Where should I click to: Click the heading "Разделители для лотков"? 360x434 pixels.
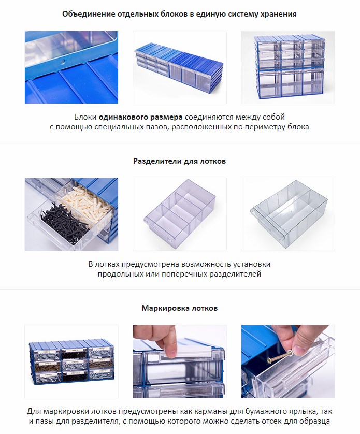[179, 161]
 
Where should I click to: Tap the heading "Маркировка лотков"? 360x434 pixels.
[179, 308]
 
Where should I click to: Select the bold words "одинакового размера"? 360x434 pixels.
[141, 117]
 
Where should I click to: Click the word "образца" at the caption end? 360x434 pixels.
[314, 421]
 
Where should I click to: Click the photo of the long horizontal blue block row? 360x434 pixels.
[179, 67]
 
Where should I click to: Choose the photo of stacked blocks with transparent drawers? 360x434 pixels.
[287, 67]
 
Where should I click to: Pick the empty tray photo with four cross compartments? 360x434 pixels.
[179, 214]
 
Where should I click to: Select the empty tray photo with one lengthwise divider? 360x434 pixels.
[287, 214]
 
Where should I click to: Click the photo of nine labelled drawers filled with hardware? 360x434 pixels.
[71, 361]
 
